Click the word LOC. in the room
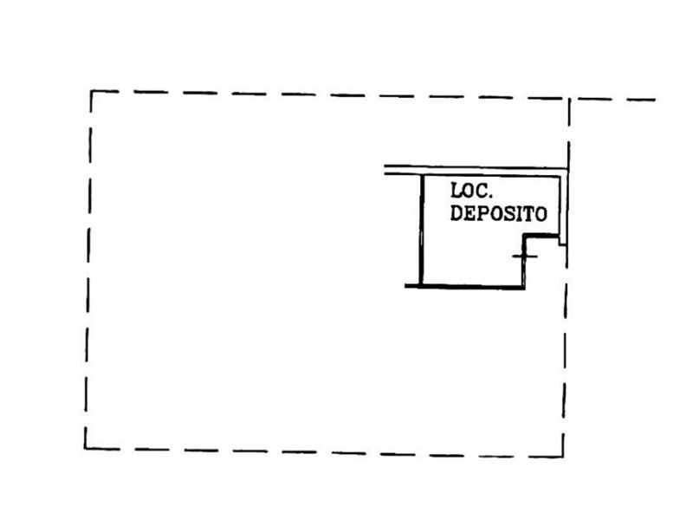click(x=471, y=191)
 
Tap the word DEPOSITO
click(x=499, y=213)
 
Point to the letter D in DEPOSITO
click(x=457, y=212)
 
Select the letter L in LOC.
click(x=457, y=191)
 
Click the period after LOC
click(x=489, y=197)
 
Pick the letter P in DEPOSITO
click(x=483, y=213)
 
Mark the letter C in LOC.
click(x=482, y=191)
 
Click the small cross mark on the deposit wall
click(x=525, y=257)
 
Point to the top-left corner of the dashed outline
click(x=91, y=91)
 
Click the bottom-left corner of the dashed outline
click(x=85, y=448)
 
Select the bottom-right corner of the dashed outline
click(x=563, y=456)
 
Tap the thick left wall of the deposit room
click(x=421, y=230)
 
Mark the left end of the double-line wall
click(x=385, y=170)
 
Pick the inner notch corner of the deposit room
click(x=525, y=237)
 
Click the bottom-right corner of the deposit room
click(x=524, y=288)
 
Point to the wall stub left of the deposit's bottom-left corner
click(x=412, y=286)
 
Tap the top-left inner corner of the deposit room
click(x=424, y=177)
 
